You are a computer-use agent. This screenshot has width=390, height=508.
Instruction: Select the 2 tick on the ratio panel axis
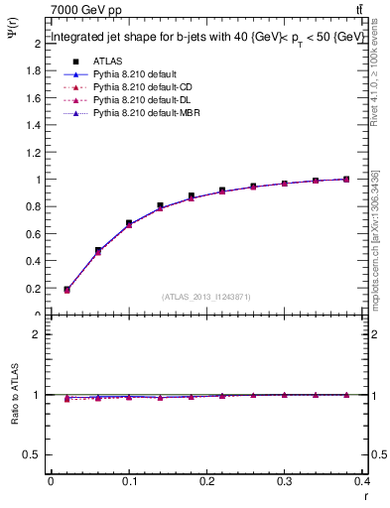coord(37,334)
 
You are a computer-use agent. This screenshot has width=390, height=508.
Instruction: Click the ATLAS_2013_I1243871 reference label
coord(206,297)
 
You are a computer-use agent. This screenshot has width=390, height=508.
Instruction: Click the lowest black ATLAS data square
coord(66,290)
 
